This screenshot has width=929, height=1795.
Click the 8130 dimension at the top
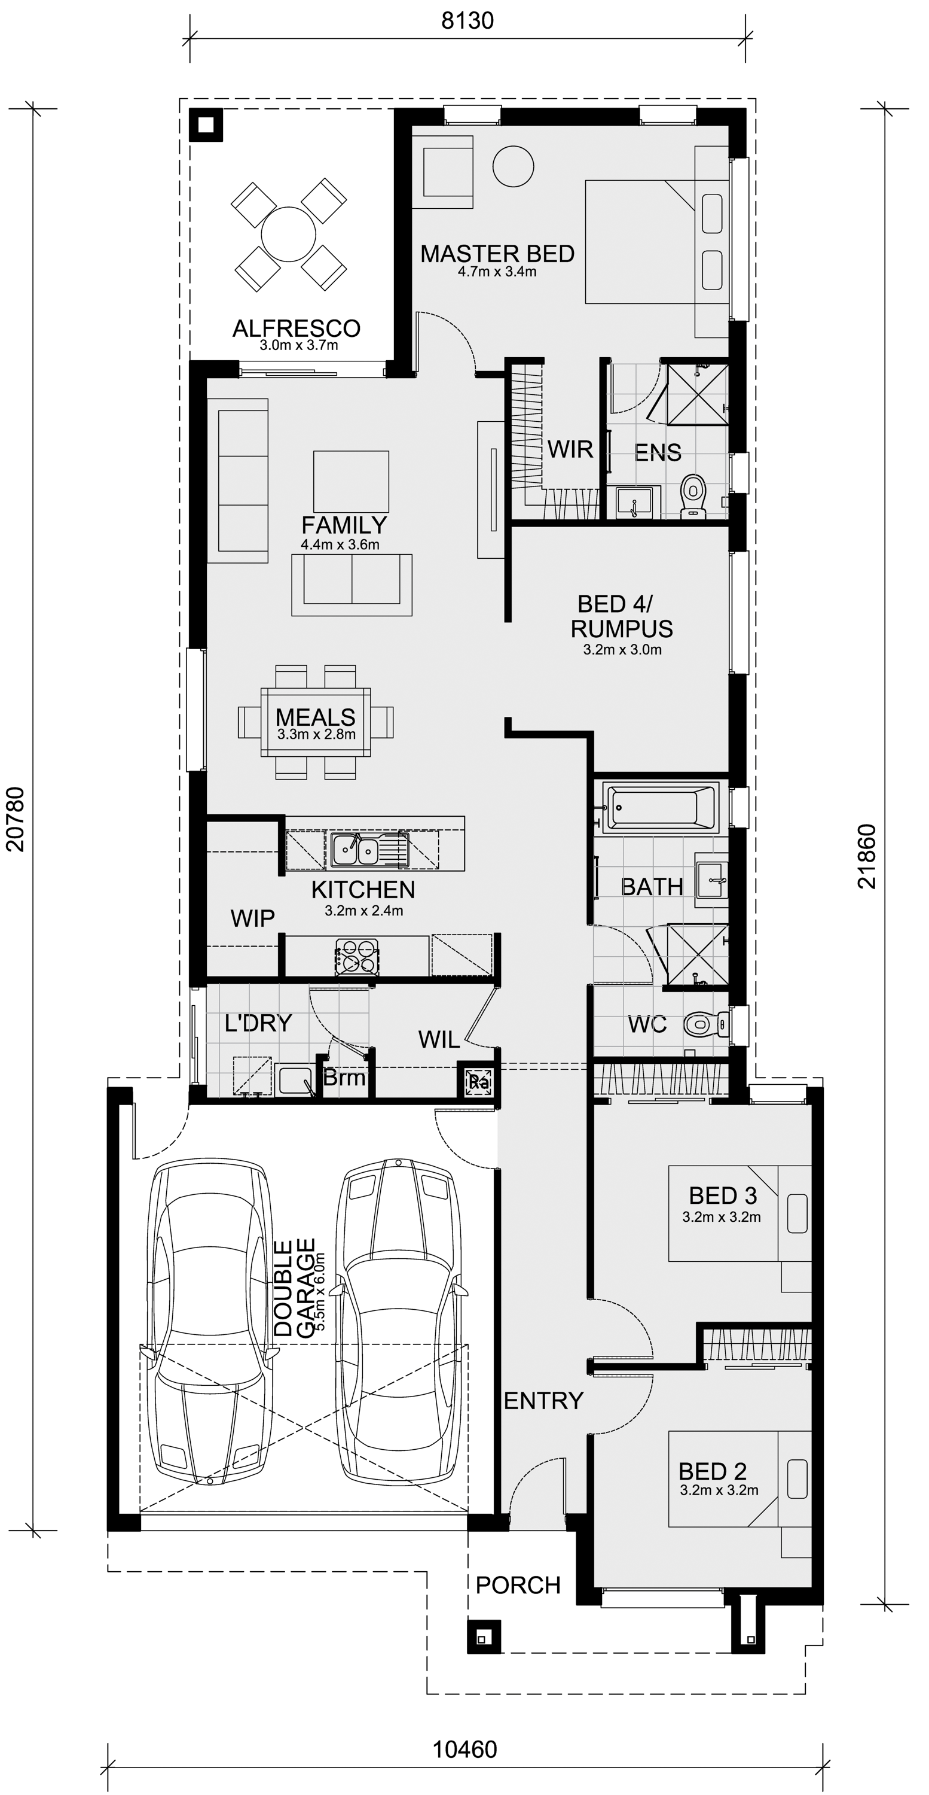click(x=468, y=20)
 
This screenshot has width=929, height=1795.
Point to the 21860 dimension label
click(x=867, y=856)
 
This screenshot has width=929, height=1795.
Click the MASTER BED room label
click(x=497, y=254)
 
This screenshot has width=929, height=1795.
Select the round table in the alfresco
click(x=288, y=234)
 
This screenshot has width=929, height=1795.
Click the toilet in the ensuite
click(x=693, y=496)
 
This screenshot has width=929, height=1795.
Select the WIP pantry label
click(x=253, y=918)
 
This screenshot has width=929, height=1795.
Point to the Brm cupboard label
click(x=344, y=1078)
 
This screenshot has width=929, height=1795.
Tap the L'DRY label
click(x=258, y=1023)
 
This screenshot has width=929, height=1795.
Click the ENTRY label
click(x=543, y=1401)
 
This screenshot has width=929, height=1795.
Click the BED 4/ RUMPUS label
click(x=622, y=616)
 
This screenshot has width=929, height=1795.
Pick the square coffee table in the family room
click(x=351, y=482)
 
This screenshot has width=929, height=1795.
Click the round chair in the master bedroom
click(x=514, y=166)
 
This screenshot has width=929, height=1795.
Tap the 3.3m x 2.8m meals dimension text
click(x=316, y=734)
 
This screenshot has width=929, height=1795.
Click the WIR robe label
click(x=570, y=449)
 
